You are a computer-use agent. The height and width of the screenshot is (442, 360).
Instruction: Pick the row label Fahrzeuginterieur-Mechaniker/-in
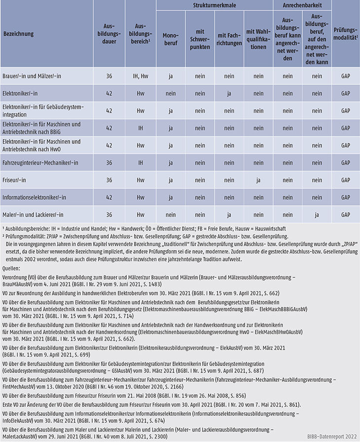point(41,162)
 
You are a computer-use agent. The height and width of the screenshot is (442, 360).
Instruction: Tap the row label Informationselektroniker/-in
point(37,197)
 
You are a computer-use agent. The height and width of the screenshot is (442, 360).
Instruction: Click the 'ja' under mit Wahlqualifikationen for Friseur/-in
point(258,180)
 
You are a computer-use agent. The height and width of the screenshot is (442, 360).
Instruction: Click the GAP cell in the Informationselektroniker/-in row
point(345,197)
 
